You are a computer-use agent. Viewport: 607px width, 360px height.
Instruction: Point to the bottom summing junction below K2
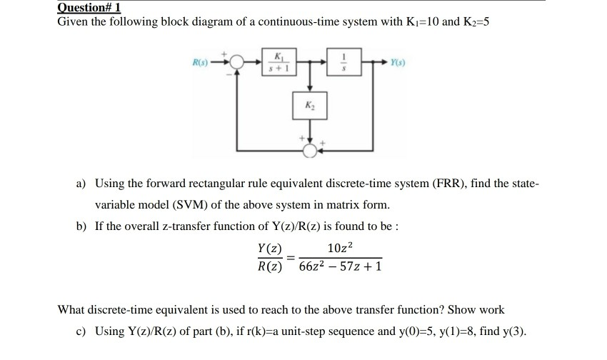pos(309,151)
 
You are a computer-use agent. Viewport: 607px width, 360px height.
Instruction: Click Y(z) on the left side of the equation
pos(269,249)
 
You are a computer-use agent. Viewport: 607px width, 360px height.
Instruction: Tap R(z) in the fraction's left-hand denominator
pos(269,267)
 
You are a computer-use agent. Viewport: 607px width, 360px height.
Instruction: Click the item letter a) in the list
pos(81,184)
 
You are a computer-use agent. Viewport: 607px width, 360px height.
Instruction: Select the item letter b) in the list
pos(81,226)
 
